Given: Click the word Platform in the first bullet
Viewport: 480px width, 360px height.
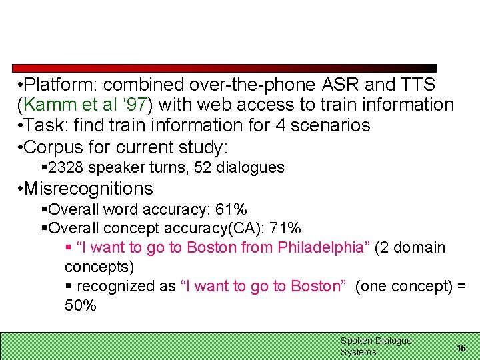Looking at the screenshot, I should [x=60, y=85].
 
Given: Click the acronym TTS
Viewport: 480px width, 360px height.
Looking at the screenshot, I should [x=417, y=85].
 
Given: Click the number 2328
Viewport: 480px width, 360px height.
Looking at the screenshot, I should [x=65, y=167].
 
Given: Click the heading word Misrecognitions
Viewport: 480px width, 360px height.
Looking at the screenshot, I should [x=88, y=189].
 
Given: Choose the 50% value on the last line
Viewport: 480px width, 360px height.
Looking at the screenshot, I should [x=80, y=305].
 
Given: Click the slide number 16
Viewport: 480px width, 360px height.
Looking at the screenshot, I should [x=461, y=348].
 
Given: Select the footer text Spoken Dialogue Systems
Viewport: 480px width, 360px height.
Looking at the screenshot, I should [x=375, y=346].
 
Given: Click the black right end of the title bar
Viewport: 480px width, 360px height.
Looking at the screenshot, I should [x=420, y=68].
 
